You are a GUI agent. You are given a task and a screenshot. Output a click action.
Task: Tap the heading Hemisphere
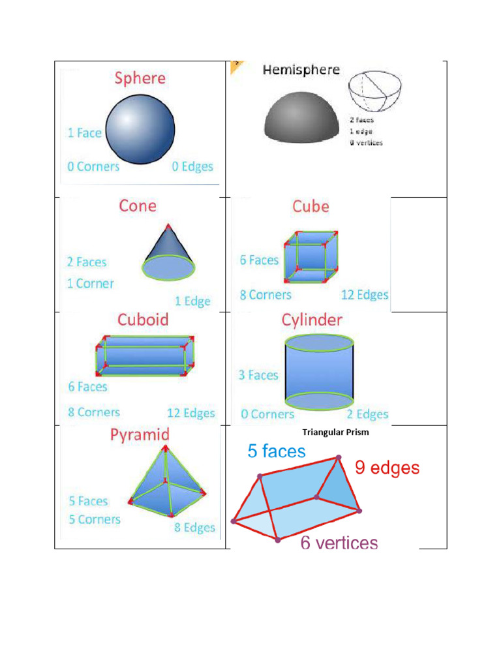301,70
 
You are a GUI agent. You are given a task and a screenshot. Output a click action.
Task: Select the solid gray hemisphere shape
301,117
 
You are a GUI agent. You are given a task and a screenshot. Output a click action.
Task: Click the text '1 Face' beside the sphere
84,133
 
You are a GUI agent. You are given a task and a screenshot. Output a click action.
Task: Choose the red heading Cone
138,206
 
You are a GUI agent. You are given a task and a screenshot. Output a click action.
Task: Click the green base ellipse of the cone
169,267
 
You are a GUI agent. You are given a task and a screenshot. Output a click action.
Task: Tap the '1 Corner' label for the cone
90,284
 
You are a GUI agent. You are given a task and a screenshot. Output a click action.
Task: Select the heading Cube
311,207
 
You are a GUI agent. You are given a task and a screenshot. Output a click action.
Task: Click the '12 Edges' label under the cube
365,295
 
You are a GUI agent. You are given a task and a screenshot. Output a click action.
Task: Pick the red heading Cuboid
143,320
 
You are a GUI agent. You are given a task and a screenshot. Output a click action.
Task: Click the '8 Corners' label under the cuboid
94,412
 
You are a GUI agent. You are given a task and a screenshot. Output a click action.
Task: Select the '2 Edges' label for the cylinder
367,414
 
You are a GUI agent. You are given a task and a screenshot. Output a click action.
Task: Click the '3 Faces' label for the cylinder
259,375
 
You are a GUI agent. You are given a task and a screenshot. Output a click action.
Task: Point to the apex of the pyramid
166,448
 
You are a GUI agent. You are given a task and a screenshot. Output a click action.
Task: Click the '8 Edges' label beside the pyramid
194,528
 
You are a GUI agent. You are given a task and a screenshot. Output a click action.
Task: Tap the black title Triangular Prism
336,432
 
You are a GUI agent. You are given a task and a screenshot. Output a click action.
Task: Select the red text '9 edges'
387,468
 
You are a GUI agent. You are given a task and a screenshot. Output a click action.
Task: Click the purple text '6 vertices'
339,543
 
